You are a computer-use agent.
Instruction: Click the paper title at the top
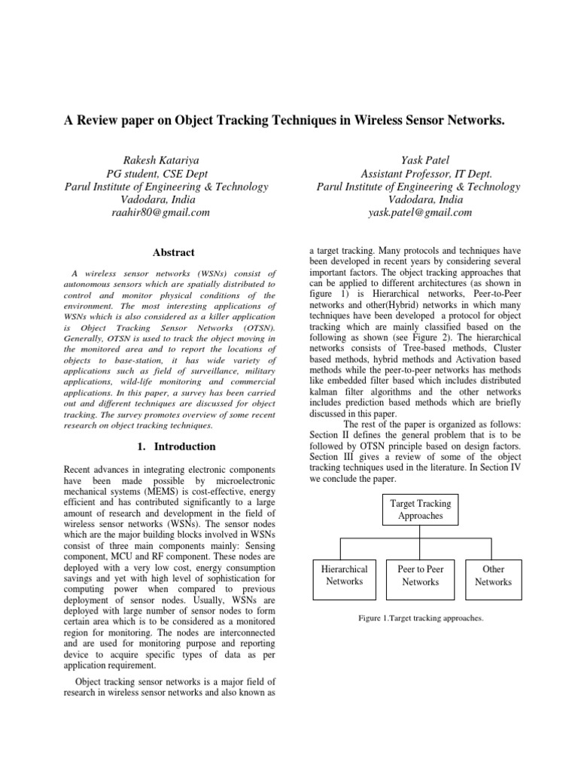click(289, 120)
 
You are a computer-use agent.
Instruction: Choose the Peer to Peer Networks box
click(421, 575)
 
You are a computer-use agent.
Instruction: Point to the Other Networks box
click(493, 575)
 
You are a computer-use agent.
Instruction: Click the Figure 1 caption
click(421, 618)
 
